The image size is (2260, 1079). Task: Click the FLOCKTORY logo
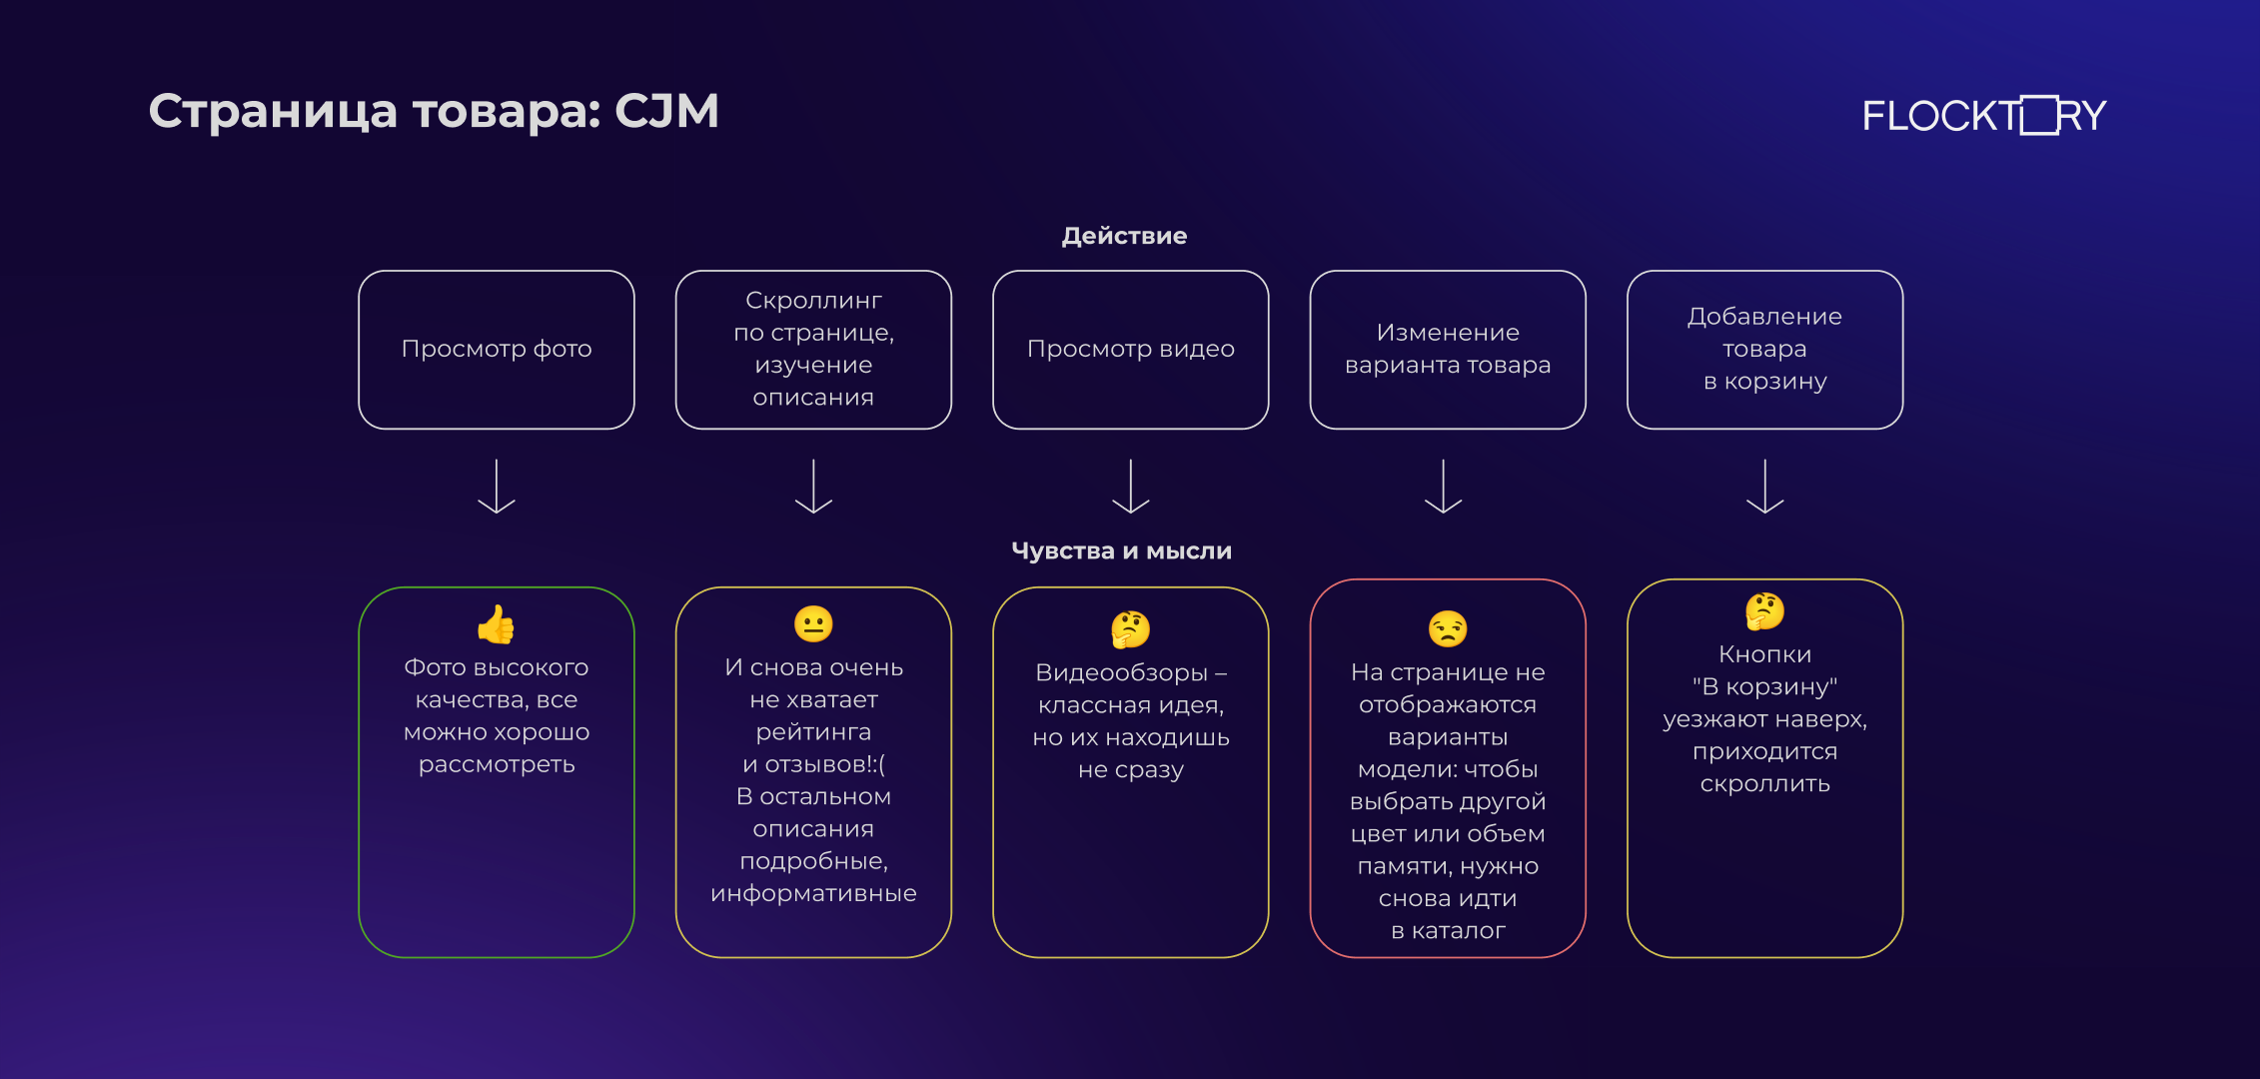point(1983,115)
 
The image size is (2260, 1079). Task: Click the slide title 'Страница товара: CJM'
point(434,112)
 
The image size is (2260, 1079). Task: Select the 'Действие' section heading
point(1124,236)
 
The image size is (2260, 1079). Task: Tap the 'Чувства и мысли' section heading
point(1121,551)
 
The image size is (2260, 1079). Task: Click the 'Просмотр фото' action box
point(497,350)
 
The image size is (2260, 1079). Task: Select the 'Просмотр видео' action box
point(1131,350)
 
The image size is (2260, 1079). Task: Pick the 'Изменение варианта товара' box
point(1448,350)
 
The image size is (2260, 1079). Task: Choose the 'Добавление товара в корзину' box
point(1765,350)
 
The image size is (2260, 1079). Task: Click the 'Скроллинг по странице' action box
point(813,350)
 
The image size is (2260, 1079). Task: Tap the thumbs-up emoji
point(497,624)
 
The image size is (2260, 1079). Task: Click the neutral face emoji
point(813,624)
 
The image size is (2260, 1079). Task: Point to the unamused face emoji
point(1448,629)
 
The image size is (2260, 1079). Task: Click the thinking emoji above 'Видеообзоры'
point(1131,629)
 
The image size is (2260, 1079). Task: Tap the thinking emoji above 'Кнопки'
point(1765,611)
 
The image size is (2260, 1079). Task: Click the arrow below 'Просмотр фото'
point(497,487)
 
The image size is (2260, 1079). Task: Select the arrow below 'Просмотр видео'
point(1131,487)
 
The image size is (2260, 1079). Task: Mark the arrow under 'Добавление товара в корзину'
point(1765,487)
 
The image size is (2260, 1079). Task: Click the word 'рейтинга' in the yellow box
point(813,733)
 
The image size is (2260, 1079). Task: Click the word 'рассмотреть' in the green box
point(497,765)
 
